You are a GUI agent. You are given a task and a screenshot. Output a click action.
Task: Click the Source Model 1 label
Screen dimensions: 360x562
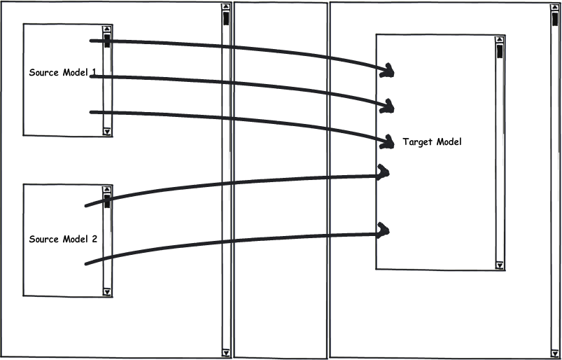[x=62, y=73]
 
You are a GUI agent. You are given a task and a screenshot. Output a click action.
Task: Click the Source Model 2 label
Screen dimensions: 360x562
[x=63, y=239]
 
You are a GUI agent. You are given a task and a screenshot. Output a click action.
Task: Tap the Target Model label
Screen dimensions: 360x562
[x=433, y=142]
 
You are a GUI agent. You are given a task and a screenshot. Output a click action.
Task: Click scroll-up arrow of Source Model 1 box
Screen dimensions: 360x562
[x=107, y=30]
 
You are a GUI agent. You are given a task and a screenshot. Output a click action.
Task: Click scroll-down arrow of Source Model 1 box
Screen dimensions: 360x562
[x=107, y=131]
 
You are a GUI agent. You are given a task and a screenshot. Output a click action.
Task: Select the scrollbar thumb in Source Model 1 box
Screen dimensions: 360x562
[x=107, y=41]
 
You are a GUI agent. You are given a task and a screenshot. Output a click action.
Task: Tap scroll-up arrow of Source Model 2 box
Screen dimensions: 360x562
[x=107, y=190]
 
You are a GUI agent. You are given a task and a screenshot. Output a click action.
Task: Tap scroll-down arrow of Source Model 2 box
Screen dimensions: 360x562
[x=107, y=291]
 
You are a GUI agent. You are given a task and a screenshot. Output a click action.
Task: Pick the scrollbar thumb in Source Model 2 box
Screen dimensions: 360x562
[x=107, y=202]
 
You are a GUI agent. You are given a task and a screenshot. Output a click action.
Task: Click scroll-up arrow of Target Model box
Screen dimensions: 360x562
[x=500, y=40]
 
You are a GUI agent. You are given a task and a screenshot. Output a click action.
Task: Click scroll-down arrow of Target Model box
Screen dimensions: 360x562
[x=500, y=265]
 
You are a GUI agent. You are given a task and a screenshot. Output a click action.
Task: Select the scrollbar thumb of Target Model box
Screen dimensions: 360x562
[x=500, y=51]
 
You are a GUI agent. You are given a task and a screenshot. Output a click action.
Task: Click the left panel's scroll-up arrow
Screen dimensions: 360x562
[x=225, y=7]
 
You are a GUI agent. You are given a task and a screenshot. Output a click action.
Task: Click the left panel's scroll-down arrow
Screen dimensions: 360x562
[x=225, y=352]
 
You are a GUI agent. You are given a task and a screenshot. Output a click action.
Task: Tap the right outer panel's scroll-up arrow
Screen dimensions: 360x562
[x=555, y=7]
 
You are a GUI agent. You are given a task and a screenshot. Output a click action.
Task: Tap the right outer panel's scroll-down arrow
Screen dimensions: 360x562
[x=555, y=352]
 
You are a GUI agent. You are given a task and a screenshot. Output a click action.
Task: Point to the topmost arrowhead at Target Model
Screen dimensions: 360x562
[x=387, y=69]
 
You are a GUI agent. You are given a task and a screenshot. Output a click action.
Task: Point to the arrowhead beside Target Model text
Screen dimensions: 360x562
[x=387, y=142]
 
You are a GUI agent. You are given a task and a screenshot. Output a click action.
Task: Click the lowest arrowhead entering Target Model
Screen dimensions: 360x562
[x=384, y=229]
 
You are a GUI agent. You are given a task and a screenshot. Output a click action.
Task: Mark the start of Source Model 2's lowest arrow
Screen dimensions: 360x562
[x=86, y=263]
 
